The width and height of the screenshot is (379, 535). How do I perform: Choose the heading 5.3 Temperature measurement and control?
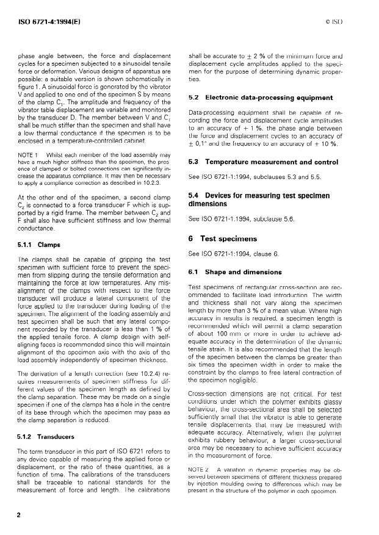coord(255,162)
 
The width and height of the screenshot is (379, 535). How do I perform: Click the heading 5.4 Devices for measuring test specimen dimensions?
coord(252,197)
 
